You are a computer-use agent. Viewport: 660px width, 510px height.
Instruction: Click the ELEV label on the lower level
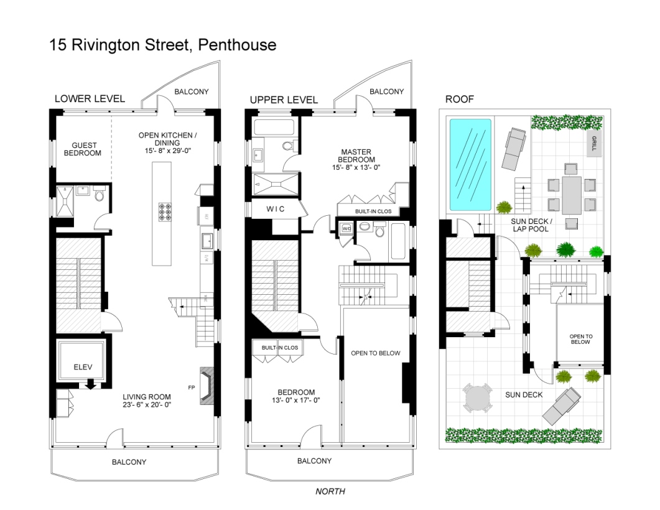click(83, 367)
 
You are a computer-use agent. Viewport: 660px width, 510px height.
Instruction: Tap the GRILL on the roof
click(594, 143)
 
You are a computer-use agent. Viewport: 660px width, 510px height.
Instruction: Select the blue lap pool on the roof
click(470, 165)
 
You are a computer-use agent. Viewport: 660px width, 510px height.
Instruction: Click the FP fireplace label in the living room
click(192, 387)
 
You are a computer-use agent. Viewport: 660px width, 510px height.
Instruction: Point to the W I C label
click(276, 209)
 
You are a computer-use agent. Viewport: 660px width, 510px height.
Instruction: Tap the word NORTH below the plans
click(330, 491)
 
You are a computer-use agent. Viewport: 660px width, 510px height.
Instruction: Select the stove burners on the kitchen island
click(165, 212)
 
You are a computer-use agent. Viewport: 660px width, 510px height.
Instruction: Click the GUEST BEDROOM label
click(83, 149)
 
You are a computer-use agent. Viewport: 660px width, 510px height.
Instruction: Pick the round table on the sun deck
click(477, 397)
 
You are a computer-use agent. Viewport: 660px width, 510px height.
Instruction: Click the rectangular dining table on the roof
click(571, 195)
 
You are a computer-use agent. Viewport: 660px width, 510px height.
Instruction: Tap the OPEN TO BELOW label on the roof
click(581, 339)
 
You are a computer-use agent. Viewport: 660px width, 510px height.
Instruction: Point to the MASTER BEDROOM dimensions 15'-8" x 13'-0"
click(356, 167)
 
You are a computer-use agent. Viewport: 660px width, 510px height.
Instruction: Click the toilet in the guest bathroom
click(100, 195)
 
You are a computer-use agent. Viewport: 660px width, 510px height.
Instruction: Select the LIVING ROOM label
click(147, 397)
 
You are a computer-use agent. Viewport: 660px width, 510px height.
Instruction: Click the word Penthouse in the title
click(238, 45)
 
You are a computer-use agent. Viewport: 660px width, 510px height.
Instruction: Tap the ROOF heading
click(460, 99)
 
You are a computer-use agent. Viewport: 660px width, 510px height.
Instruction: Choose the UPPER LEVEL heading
click(284, 100)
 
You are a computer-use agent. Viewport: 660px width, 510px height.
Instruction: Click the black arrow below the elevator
click(90, 384)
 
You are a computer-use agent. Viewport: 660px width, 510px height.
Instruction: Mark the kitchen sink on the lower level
click(207, 241)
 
